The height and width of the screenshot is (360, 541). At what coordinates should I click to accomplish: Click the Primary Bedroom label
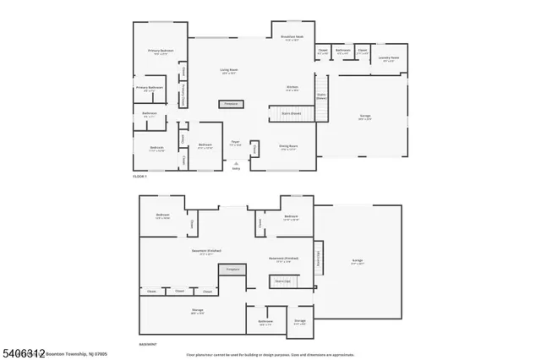(x=161, y=51)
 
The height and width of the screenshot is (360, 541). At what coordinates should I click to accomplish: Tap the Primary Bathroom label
(x=150, y=87)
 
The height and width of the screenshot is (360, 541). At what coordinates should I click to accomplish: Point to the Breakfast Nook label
(x=292, y=37)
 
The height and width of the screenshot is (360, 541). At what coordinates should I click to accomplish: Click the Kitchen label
(x=292, y=87)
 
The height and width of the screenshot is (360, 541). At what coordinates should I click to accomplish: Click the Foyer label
(x=236, y=144)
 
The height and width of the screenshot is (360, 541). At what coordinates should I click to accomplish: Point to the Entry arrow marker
(x=236, y=164)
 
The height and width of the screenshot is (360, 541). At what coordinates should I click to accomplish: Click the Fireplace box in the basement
(x=231, y=270)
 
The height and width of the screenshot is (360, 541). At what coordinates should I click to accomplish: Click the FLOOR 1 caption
(x=140, y=177)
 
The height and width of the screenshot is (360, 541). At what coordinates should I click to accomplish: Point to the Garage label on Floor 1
(x=365, y=118)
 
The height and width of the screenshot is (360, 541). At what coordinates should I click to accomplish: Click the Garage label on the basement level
(x=357, y=262)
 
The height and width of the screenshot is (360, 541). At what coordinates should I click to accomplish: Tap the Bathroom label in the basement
(x=265, y=322)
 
